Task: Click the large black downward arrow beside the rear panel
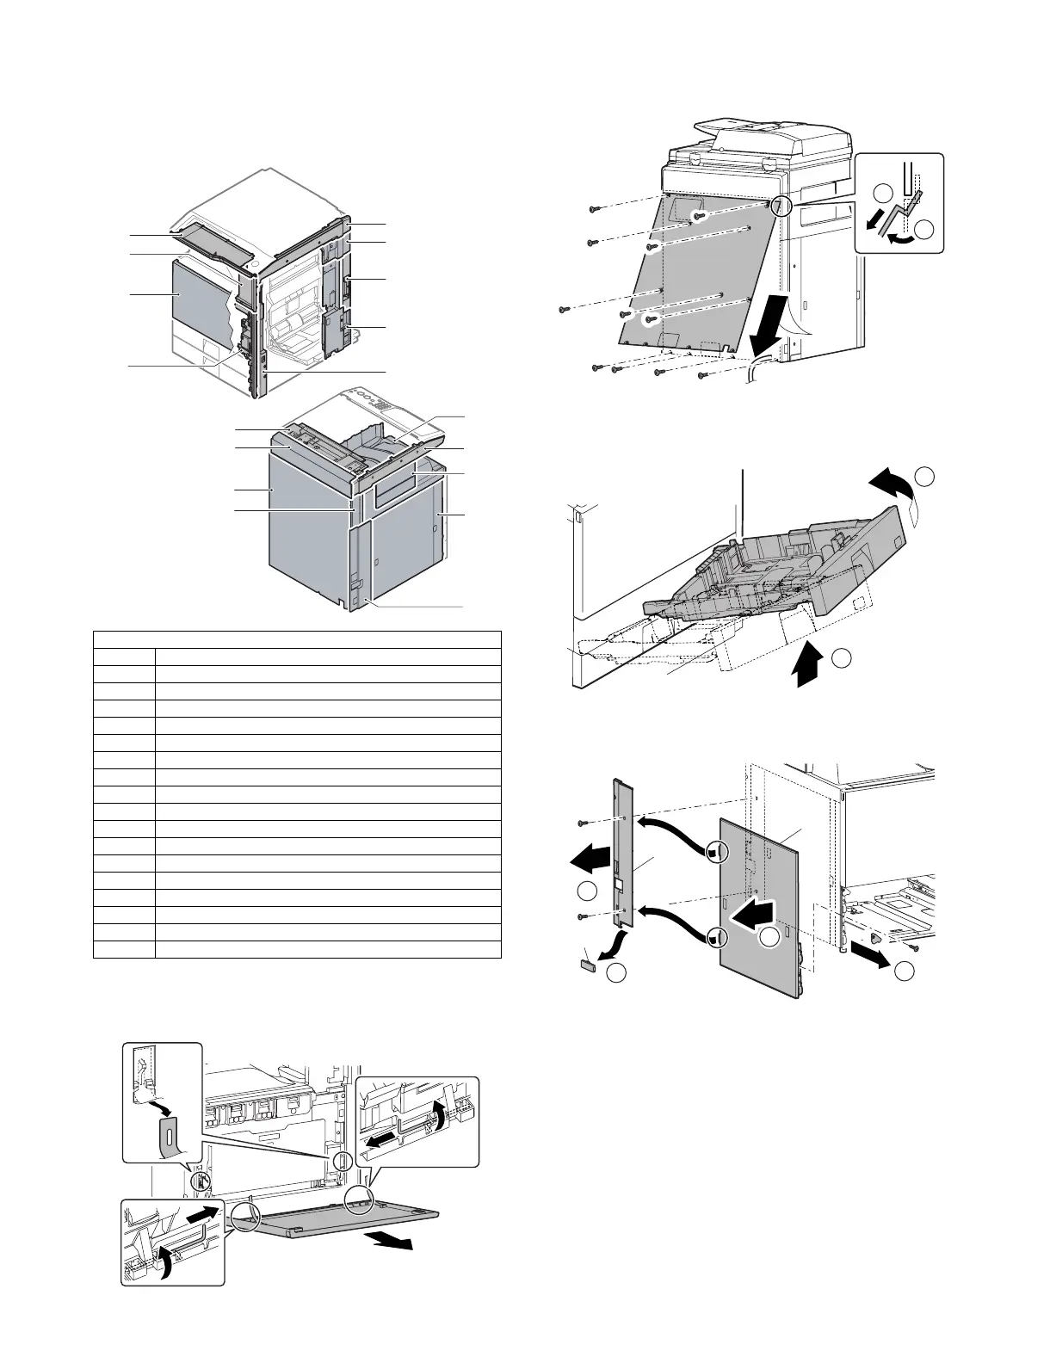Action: pyautogui.click(x=766, y=326)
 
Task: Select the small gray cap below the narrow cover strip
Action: pyautogui.click(x=588, y=965)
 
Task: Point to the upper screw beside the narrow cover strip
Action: pyautogui.click(x=583, y=823)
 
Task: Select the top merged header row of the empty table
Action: pyautogui.click(x=297, y=638)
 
